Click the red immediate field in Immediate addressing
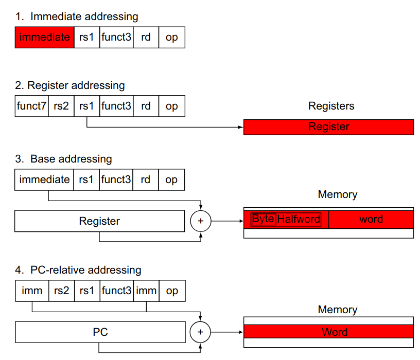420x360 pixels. tap(44, 38)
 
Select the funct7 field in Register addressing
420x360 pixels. tap(32, 106)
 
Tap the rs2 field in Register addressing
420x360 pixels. tap(61, 106)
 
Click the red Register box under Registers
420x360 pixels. tap(328, 127)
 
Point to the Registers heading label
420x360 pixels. tap(331, 106)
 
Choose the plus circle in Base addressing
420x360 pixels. tap(201, 221)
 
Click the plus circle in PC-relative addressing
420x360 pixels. tap(201, 332)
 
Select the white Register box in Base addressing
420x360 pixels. tap(99, 221)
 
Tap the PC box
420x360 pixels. tap(100, 332)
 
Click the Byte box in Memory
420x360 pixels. tap(263, 219)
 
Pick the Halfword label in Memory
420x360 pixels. tap(299, 220)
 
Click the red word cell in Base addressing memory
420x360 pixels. tap(371, 220)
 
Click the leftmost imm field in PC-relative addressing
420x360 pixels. tap(32, 291)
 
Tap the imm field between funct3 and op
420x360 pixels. tap(146, 291)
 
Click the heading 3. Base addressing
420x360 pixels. tap(63, 159)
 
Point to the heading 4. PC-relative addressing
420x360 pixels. tap(78, 270)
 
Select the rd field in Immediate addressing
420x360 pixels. tap(146, 38)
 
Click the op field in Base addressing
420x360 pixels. tap(171, 180)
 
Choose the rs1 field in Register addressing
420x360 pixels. tap(87, 106)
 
